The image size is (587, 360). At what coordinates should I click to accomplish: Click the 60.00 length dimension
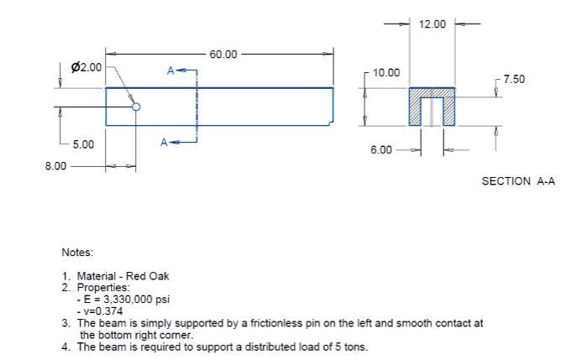coord(223,55)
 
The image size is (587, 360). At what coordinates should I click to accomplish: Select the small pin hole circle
coord(136,107)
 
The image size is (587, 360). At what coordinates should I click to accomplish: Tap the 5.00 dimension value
coord(83,144)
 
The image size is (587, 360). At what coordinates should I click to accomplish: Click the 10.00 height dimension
coord(386,73)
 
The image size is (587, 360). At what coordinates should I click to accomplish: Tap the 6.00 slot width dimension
coord(381,150)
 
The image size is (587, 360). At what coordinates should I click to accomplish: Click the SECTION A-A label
coord(518,181)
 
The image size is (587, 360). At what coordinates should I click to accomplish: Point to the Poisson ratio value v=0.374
coord(102,310)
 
